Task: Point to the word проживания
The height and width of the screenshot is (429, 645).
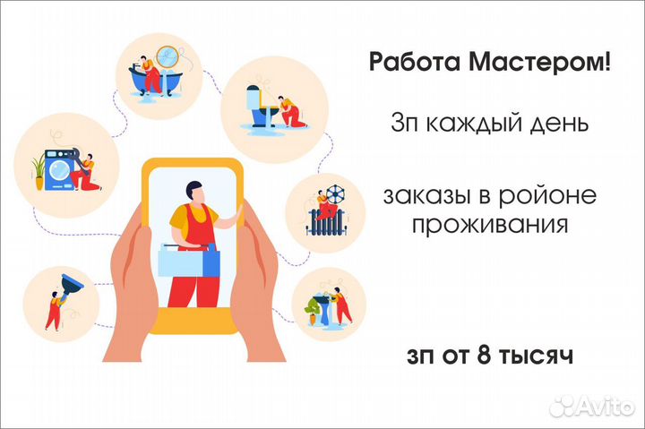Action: [490, 223]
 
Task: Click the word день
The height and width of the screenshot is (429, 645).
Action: [563, 124]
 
